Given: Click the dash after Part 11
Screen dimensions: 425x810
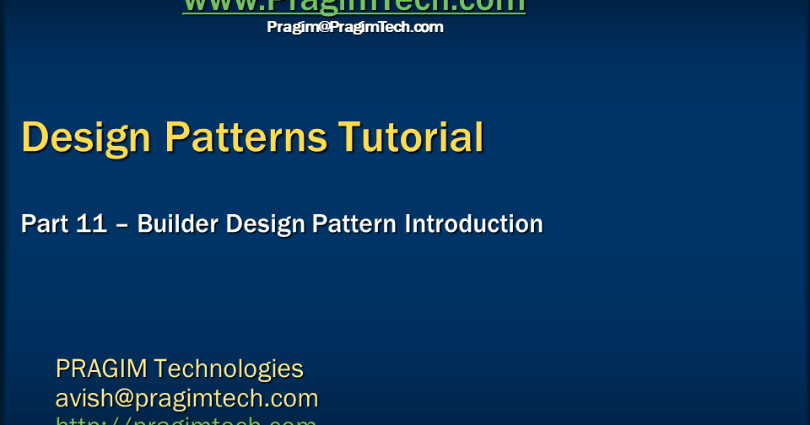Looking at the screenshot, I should point(122,225).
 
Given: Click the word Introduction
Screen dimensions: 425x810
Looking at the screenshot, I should point(474,224).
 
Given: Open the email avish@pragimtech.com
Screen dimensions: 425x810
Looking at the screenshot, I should point(186,398).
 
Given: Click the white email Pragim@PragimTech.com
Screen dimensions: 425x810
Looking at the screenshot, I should point(355,27).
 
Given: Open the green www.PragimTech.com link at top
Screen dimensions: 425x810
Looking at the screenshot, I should point(354,5).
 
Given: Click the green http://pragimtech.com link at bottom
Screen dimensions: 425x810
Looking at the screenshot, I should point(186,421).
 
